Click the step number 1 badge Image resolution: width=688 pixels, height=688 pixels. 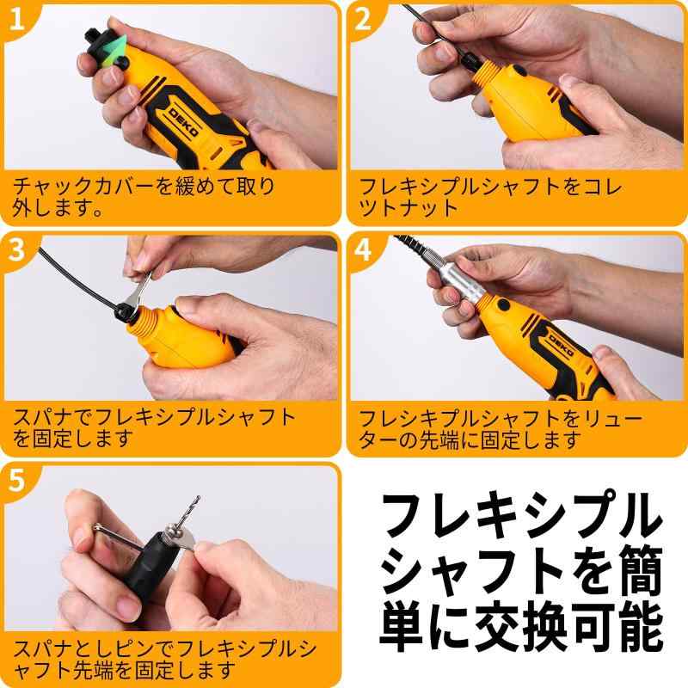coord(16,20)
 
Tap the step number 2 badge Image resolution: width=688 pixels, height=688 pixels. coord(362,20)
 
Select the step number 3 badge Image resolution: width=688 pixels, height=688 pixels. coord(16,250)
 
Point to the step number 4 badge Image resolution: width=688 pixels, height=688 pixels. coord(362,250)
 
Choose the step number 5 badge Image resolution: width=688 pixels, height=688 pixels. coord(16,481)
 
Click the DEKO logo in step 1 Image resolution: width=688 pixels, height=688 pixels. coord(184,122)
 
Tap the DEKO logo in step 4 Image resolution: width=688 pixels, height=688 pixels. coord(560,345)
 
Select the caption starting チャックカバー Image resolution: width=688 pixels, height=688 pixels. coord(144,197)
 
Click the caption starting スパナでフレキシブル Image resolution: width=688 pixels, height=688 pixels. coord(154,427)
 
